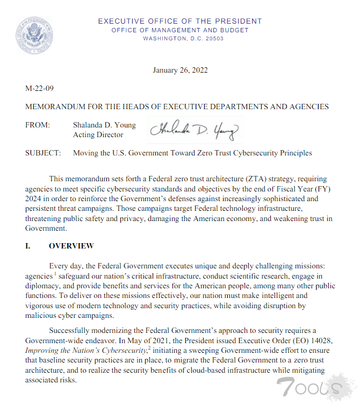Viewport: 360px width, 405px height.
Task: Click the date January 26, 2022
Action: point(180,70)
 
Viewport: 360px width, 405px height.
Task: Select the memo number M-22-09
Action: point(39,88)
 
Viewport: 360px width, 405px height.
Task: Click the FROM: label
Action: point(38,125)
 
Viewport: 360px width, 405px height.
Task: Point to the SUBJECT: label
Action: point(42,153)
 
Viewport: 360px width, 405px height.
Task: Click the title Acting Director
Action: point(98,135)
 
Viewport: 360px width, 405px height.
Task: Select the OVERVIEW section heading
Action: point(71,246)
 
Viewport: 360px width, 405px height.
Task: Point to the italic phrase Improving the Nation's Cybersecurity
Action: point(86,351)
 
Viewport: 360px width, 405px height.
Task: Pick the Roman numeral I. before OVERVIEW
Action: point(28,246)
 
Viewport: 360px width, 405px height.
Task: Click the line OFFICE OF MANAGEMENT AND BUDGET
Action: point(180,30)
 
